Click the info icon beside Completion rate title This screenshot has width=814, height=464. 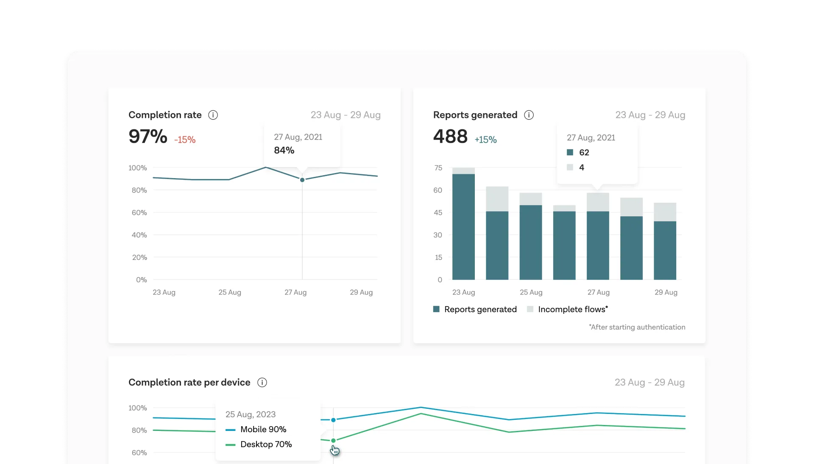[x=213, y=115]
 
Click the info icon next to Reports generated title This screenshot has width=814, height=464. [x=529, y=115]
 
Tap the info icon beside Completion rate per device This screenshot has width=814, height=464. [x=262, y=383]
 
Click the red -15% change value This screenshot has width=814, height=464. [x=185, y=140]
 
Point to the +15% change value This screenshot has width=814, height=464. [x=485, y=140]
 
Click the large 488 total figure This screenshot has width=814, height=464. [x=450, y=137]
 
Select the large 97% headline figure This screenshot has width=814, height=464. [x=148, y=137]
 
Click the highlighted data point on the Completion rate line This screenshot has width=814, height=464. [x=302, y=180]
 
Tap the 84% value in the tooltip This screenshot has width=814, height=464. [x=284, y=150]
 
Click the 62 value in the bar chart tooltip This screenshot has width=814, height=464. [x=584, y=153]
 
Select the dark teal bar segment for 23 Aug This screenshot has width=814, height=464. [x=463, y=227]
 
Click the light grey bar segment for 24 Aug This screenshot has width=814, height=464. [x=497, y=199]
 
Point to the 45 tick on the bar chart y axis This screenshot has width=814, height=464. [x=438, y=212]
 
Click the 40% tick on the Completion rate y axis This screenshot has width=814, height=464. [x=139, y=235]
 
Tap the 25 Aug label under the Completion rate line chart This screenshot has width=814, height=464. [x=230, y=292]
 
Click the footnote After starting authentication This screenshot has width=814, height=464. [x=637, y=327]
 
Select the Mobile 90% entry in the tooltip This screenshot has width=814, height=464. [x=263, y=429]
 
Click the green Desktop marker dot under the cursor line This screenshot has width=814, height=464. [x=333, y=441]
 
